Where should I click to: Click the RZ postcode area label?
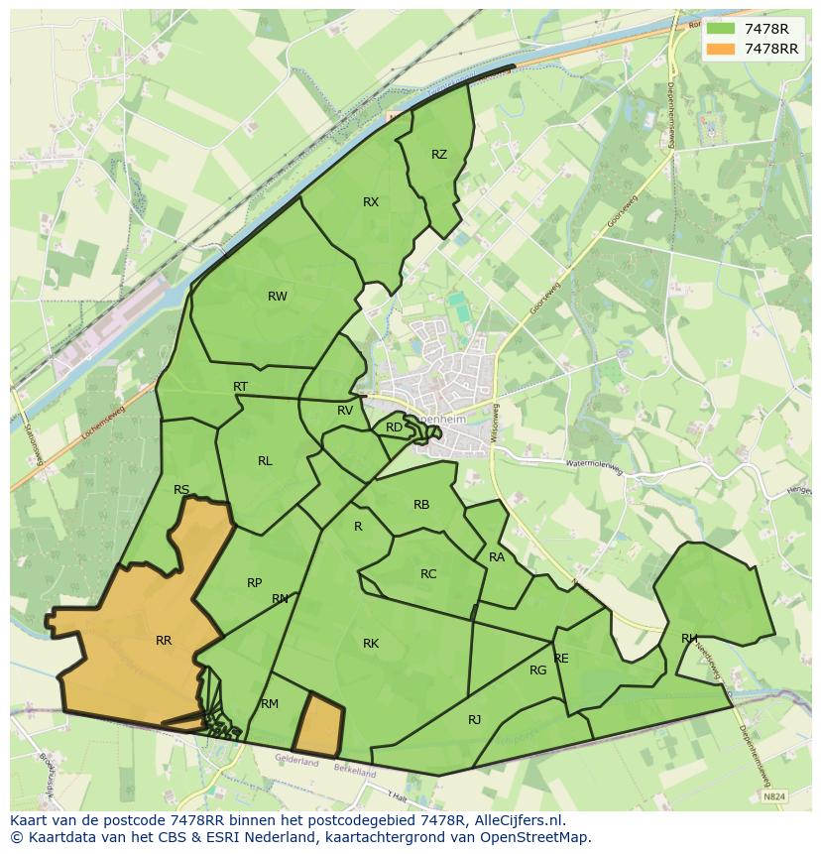439,155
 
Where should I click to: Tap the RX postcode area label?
371,202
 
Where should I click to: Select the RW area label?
278,297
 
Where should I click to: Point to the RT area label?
240,387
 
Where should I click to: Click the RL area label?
265,461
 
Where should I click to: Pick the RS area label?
181,490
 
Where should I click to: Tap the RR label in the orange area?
164,641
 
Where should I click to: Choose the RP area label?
255,583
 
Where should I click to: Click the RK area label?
371,644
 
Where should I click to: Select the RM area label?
270,704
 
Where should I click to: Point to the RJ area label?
474,720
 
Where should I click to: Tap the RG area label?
537,671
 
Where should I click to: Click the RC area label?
428,574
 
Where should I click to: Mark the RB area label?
421,505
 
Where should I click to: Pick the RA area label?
497,557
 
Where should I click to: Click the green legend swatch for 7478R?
721,30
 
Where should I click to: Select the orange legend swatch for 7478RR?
721,49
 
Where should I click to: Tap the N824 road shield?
775,796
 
